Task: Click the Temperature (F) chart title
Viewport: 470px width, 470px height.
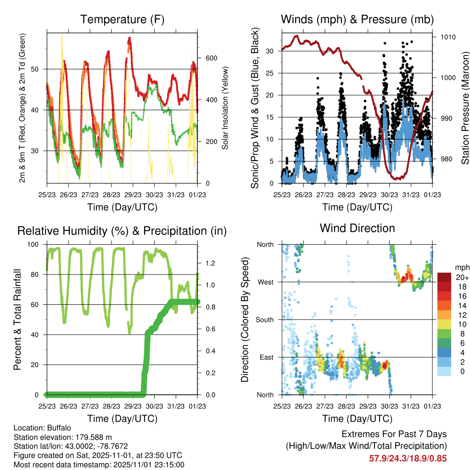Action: (122, 20)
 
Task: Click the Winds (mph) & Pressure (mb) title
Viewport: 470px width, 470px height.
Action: (357, 20)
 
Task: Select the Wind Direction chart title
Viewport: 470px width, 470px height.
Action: (357, 228)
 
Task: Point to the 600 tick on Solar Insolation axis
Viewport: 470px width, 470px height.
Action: (210, 58)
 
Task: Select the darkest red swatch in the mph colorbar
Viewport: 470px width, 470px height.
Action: (444, 278)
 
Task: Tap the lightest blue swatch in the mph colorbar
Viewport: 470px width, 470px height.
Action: (444, 371)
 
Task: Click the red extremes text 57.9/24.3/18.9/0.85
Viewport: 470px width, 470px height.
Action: (408, 458)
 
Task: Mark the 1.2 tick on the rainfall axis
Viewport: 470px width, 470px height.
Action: (211, 263)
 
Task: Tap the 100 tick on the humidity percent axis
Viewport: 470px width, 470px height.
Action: (35, 244)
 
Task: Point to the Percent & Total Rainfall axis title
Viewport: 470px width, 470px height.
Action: (17, 319)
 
